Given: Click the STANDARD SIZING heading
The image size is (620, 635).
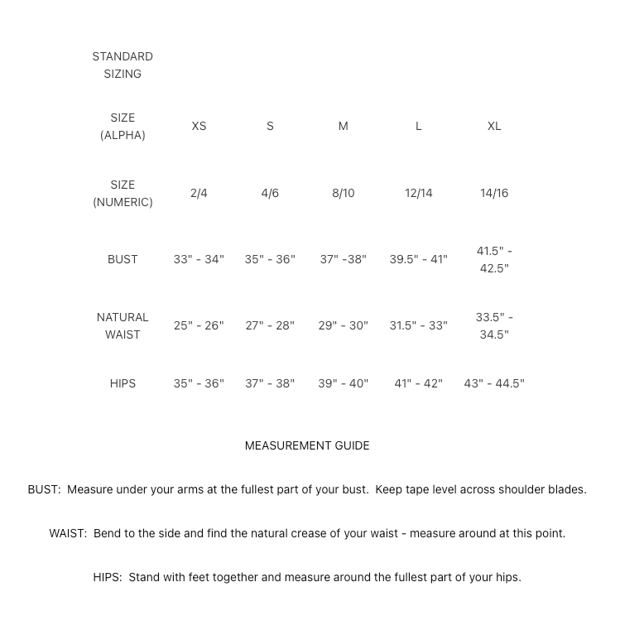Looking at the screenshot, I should [x=123, y=65].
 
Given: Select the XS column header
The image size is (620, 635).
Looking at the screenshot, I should [x=199, y=126].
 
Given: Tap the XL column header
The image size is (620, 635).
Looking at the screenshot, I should [x=494, y=126].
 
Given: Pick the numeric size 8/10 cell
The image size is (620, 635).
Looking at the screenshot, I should [x=343, y=193].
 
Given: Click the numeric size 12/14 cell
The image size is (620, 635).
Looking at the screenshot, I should [x=418, y=193].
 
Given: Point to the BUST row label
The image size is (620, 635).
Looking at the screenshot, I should [x=123, y=259].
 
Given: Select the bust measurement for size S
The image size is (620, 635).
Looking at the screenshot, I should [x=270, y=259].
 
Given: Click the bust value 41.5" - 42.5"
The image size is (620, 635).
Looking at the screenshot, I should [x=494, y=259].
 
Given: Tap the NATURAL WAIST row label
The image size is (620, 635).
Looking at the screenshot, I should [x=123, y=325].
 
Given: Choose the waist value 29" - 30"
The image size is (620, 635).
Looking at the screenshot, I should [x=343, y=325].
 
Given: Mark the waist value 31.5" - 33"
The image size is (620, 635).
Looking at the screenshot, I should [x=418, y=325].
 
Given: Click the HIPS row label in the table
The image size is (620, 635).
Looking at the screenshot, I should [x=123, y=383].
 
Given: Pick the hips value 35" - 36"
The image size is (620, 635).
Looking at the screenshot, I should [x=199, y=383].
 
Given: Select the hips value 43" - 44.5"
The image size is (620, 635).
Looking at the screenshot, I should [x=494, y=383].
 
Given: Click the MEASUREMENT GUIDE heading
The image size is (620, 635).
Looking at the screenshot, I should [x=307, y=445].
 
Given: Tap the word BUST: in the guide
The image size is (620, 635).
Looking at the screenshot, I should [x=44, y=489].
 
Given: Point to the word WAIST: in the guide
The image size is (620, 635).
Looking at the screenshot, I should [x=68, y=533].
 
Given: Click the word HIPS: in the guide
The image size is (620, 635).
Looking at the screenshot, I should [x=108, y=577].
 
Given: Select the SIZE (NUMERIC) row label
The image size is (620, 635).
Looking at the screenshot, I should [x=123, y=193].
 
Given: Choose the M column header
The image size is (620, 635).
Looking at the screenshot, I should [x=343, y=126].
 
